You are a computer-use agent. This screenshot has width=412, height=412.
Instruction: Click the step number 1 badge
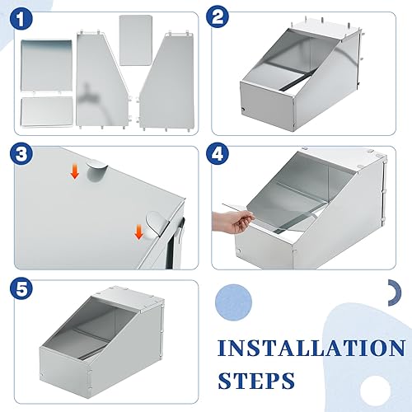[x=21, y=19]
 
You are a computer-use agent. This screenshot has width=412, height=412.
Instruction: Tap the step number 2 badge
[x=218, y=17]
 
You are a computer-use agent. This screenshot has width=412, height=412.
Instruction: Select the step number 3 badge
[x=21, y=154]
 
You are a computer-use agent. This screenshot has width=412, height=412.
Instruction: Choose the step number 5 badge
[x=21, y=288]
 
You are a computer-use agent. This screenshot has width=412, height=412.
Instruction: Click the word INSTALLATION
[x=311, y=348]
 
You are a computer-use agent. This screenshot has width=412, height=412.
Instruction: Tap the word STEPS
[x=256, y=381]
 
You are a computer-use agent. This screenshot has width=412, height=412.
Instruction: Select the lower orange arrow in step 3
[x=139, y=232]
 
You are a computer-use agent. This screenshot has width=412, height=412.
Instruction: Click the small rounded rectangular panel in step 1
[x=136, y=40]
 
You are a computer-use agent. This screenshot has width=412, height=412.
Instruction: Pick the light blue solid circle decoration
[x=234, y=302]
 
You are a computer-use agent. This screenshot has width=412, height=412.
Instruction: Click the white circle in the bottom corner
[x=375, y=390]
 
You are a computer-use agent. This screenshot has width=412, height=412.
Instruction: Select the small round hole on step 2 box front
[x=243, y=110]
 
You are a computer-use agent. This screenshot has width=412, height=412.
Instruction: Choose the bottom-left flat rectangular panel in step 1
[x=47, y=112]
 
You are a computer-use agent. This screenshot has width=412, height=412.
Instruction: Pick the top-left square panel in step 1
[x=46, y=65]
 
